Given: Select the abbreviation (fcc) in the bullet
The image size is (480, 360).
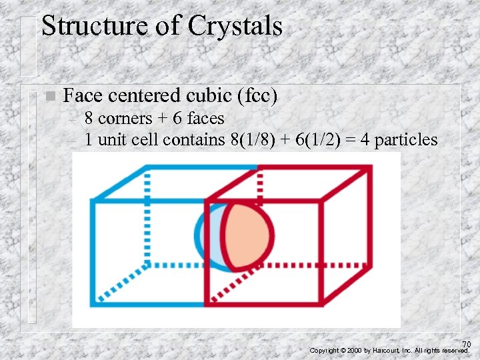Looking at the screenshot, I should point(257,96).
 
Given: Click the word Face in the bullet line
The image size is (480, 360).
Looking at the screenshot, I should point(80,96).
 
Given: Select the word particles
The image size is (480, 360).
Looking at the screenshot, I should point(406,140).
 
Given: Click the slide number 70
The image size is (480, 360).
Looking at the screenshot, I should point(466,344).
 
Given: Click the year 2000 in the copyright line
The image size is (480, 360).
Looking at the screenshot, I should point(355,350).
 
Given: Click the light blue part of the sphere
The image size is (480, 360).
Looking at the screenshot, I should point(207,234).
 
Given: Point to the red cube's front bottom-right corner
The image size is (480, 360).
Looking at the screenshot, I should point(322,304).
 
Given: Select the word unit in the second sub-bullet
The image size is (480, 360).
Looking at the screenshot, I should point(108,140).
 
